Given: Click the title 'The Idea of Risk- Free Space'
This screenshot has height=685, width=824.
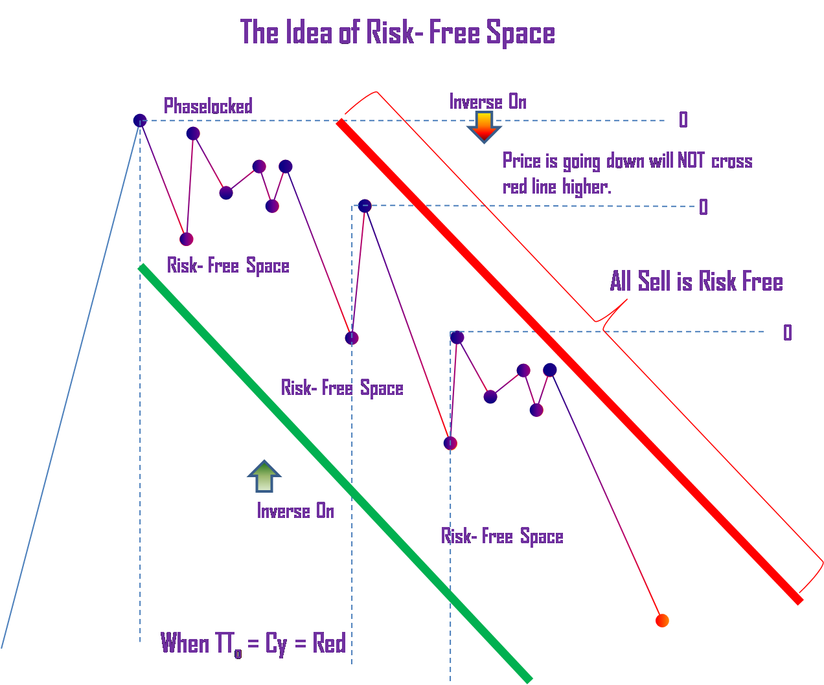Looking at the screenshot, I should (397, 33).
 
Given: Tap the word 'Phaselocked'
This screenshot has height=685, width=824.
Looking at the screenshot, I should (208, 106).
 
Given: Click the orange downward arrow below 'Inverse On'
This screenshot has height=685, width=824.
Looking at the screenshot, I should (483, 126).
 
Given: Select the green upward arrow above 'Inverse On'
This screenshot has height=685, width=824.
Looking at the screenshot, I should (264, 477).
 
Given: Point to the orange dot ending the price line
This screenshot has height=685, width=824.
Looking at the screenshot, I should (661, 620).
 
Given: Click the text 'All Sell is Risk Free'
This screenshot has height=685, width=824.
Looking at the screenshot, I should (696, 282).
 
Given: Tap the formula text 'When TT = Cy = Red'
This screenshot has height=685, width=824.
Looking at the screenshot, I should (253, 644).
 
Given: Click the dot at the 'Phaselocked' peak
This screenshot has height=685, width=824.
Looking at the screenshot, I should (140, 120).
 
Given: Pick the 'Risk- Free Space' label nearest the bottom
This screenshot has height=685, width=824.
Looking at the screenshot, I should (502, 537).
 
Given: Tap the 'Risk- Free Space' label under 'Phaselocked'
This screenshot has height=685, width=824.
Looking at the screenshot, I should (228, 266).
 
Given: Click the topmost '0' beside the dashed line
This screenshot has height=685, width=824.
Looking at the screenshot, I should (683, 120).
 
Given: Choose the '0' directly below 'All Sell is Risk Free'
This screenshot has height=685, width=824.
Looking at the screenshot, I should (787, 333).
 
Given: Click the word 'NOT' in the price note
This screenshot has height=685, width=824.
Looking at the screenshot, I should (691, 161).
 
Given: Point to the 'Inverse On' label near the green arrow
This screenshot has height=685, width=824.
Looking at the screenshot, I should (295, 511).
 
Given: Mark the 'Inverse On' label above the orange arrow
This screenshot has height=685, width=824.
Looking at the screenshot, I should (488, 102).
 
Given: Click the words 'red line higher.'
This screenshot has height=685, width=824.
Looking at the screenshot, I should (556, 187).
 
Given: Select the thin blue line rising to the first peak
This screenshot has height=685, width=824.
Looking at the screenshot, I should (71, 382).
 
